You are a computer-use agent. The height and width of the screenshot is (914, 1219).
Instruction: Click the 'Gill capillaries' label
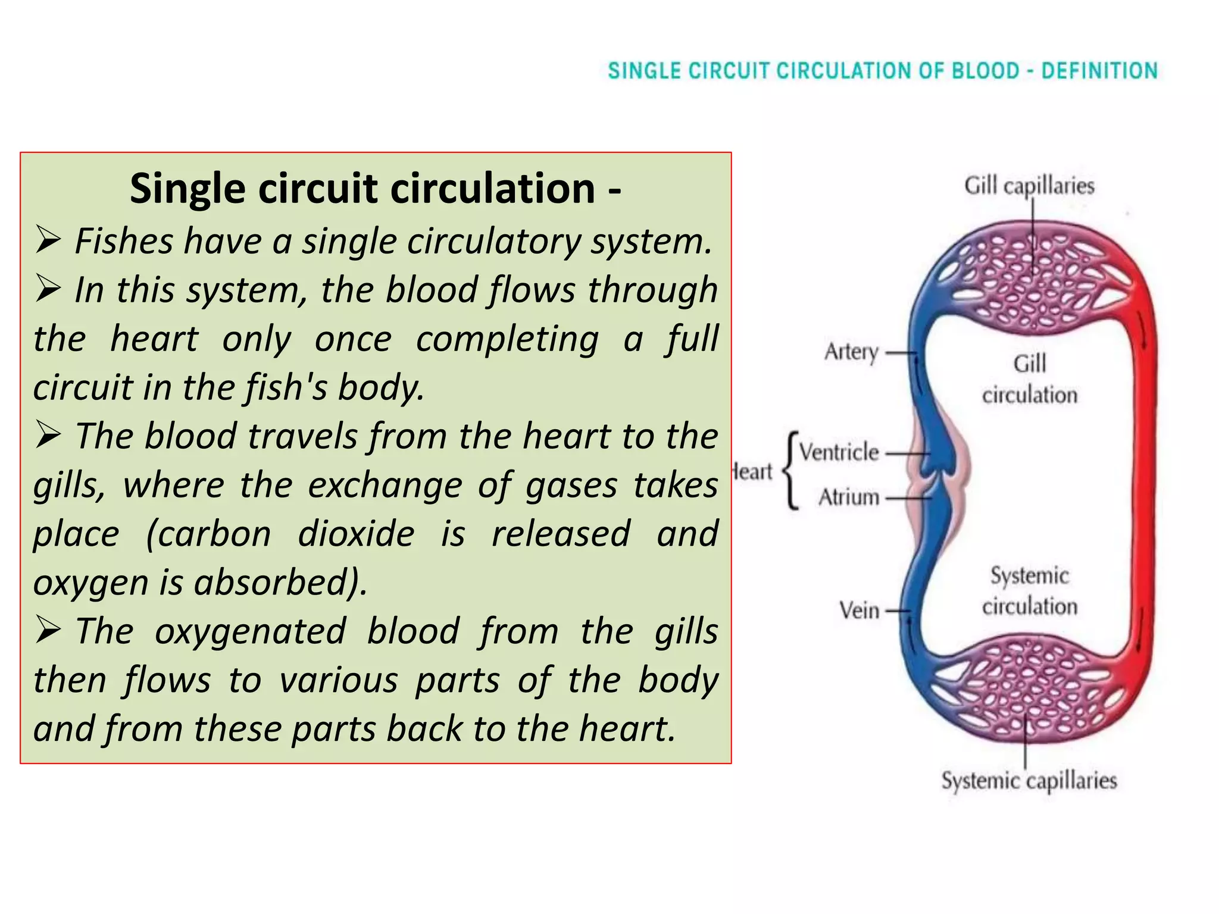click(1029, 186)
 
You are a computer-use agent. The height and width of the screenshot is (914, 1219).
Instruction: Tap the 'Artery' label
click(851, 352)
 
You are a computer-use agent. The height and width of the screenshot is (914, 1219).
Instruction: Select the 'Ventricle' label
click(839, 452)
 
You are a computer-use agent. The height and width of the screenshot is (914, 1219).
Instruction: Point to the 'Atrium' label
click(849, 497)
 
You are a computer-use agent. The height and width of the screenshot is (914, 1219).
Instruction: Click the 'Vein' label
click(859, 611)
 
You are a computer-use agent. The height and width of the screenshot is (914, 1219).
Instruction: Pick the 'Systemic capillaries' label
click(1029, 780)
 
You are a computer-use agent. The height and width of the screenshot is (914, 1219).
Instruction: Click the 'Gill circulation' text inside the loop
click(1030, 379)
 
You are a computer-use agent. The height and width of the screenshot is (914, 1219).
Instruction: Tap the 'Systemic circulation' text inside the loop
click(1030, 591)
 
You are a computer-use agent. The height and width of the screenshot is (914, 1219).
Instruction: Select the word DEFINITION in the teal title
click(1099, 71)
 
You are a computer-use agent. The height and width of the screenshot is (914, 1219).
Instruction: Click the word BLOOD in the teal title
click(986, 71)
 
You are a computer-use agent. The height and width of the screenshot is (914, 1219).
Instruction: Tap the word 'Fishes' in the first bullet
click(124, 242)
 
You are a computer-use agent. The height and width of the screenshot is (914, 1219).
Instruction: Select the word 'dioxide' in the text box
click(356, 533)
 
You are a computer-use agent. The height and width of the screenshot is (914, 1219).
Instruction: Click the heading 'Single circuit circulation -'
click(376, 189)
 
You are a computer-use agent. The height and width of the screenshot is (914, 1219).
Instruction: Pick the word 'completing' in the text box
click(507, 339)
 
